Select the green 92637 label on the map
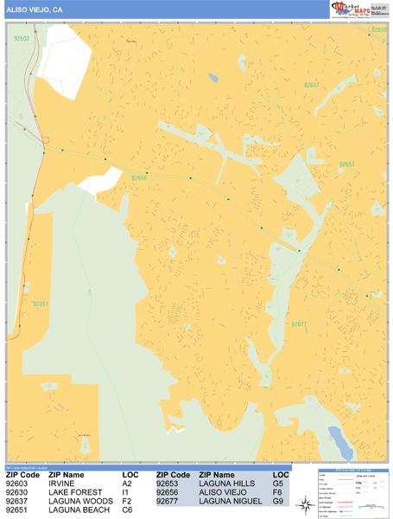pyautogui.click(x=312, y=85)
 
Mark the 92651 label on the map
pyautogui.click(x=41, y=304)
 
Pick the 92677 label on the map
pyautogui.click(x=300, y=324)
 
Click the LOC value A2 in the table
pyautogui.click(x=127, y=484)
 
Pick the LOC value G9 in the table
pyautogui.click(x=278, y=501)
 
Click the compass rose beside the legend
pyautogui.click(x=306, y=504)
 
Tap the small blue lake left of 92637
pyautogui.click(x=212, y=77)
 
